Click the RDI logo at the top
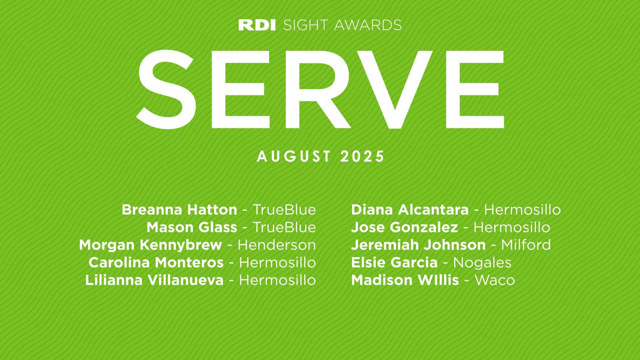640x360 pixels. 257,25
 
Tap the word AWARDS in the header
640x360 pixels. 367,25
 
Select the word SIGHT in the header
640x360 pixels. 305,25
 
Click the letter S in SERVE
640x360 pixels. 166,89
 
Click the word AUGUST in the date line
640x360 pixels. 294,157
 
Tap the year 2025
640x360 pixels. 362,157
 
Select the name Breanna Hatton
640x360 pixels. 179,210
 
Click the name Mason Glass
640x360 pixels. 192,227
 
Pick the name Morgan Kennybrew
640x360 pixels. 150,245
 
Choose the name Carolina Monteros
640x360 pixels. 156,262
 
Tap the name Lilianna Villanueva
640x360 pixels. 154,280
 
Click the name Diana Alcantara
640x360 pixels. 410,210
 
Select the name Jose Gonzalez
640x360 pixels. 404,227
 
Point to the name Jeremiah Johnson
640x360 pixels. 418,245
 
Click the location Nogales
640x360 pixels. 482,262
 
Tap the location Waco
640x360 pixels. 495,280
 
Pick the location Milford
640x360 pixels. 526,245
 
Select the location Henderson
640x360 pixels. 277,245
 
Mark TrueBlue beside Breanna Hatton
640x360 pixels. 284,210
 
